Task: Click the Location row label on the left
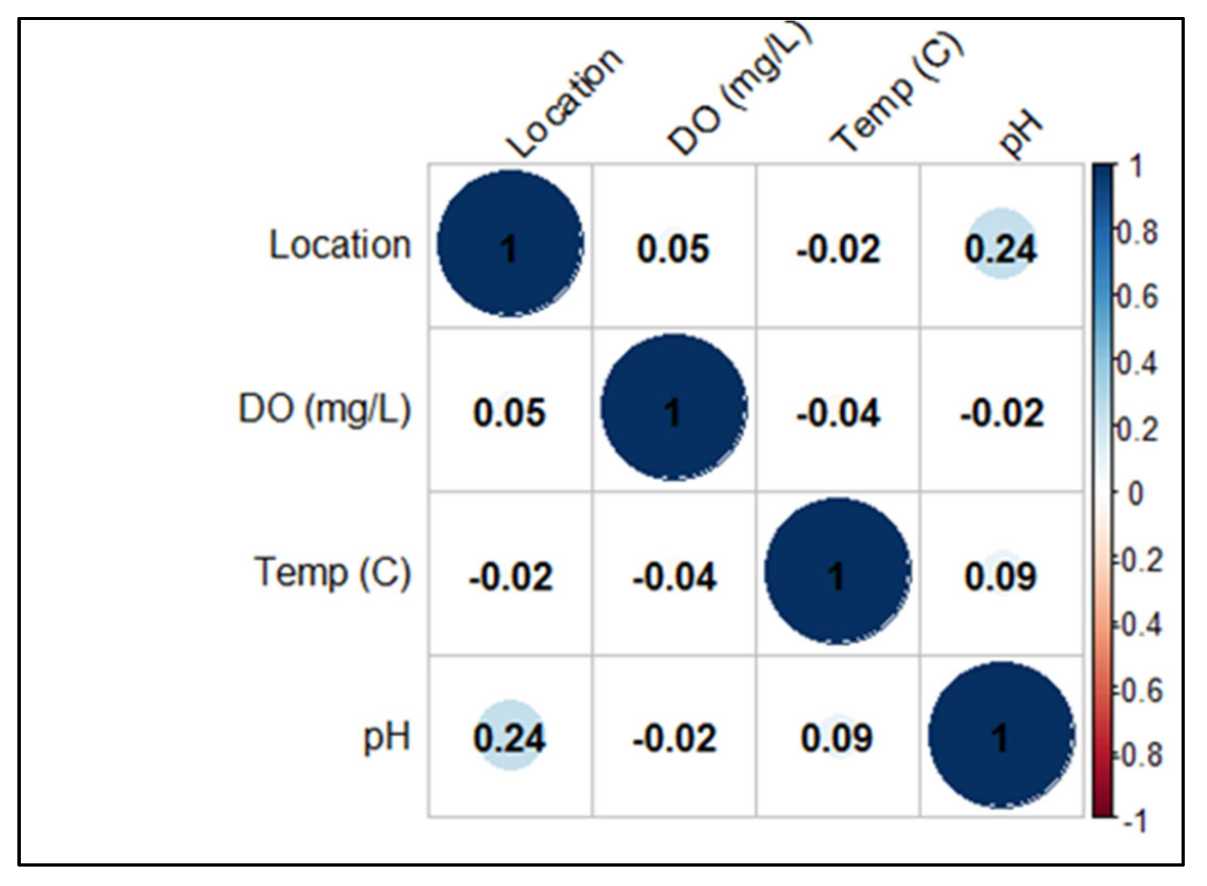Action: [340, 246]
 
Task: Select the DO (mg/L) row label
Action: [325, 409]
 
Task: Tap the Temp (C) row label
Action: [333, 573]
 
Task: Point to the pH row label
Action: [386, 737]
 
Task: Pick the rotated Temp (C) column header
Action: [897, 93]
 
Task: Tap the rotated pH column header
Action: [1021, 135]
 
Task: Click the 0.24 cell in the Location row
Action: [1001, 248]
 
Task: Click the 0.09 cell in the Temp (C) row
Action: [1001, 576]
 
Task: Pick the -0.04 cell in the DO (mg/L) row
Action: [838, 413]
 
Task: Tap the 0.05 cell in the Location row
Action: [673, 248]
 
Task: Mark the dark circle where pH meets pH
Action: [1001, 736]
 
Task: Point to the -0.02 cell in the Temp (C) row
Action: [510, 576]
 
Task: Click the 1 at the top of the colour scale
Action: [1136, 167]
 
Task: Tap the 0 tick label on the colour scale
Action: [1135, 495]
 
